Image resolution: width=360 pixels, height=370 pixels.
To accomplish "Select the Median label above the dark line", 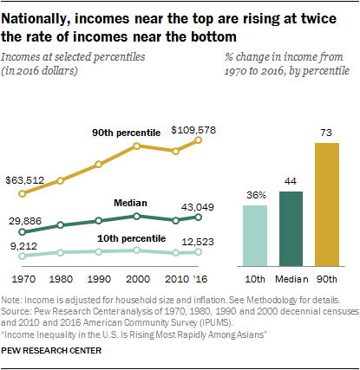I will click(x=130, y=201).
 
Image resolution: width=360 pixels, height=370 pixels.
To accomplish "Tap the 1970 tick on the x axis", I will click(x=23, y=279).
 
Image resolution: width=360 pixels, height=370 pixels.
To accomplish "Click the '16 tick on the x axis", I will click(x=201, y=279).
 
